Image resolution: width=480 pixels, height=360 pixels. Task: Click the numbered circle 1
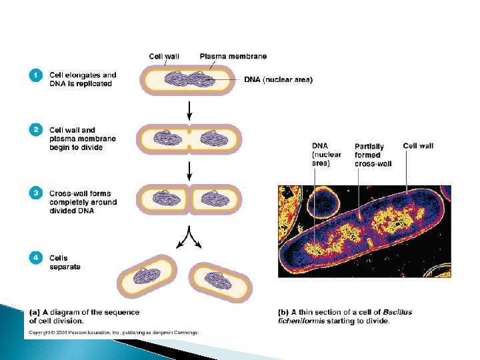point(36,76)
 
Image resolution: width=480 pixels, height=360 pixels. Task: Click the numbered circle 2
point(36,131)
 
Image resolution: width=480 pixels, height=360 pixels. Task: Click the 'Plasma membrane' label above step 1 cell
point(233,56)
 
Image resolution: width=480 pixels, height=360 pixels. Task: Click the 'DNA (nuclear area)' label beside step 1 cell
point(277,80)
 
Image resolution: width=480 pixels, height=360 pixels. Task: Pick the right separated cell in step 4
point(222,280)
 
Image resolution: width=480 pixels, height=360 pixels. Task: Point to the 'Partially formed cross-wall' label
point(373,155)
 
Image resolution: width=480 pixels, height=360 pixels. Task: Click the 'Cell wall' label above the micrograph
point(418,145)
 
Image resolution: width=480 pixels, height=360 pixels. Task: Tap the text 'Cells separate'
point(65,263)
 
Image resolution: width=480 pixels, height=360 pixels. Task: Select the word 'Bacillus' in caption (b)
point(398,312)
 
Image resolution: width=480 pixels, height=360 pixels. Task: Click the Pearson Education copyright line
point(113,331)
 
